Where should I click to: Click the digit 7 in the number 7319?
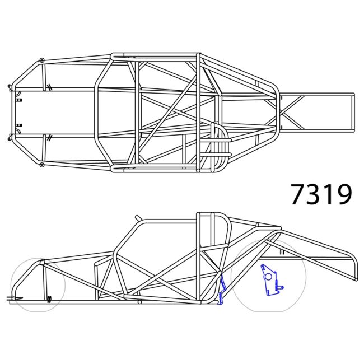pyautogui.click(x=299, y=194)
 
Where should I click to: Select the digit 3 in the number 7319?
pyautogui.click(x=315, y=194)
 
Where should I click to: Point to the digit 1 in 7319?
pyautogui.click(x=329, y=194)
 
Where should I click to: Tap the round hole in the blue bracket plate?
pyautogui.click(x=268, y=276)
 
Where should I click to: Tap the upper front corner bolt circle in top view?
pyautogui.click(x=41, y=60)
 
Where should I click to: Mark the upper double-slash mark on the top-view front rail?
pyautogui.click(x=49, y=87)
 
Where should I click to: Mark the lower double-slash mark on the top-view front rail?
pyautogui.click(x=49, y=137)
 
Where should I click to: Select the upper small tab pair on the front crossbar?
pyautogui.click(x=19, y=100)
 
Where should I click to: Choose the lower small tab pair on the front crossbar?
pyautogui.click(x=19, y=125)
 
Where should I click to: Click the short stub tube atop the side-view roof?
pyautogui.click(x=138, y=217)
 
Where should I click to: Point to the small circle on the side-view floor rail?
pyautogui.click(x=139, y=301)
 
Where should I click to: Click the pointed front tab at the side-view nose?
pyautogui.click(x=13, y=297)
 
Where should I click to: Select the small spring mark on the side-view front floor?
pyautogui.click(x=49, y=298)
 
